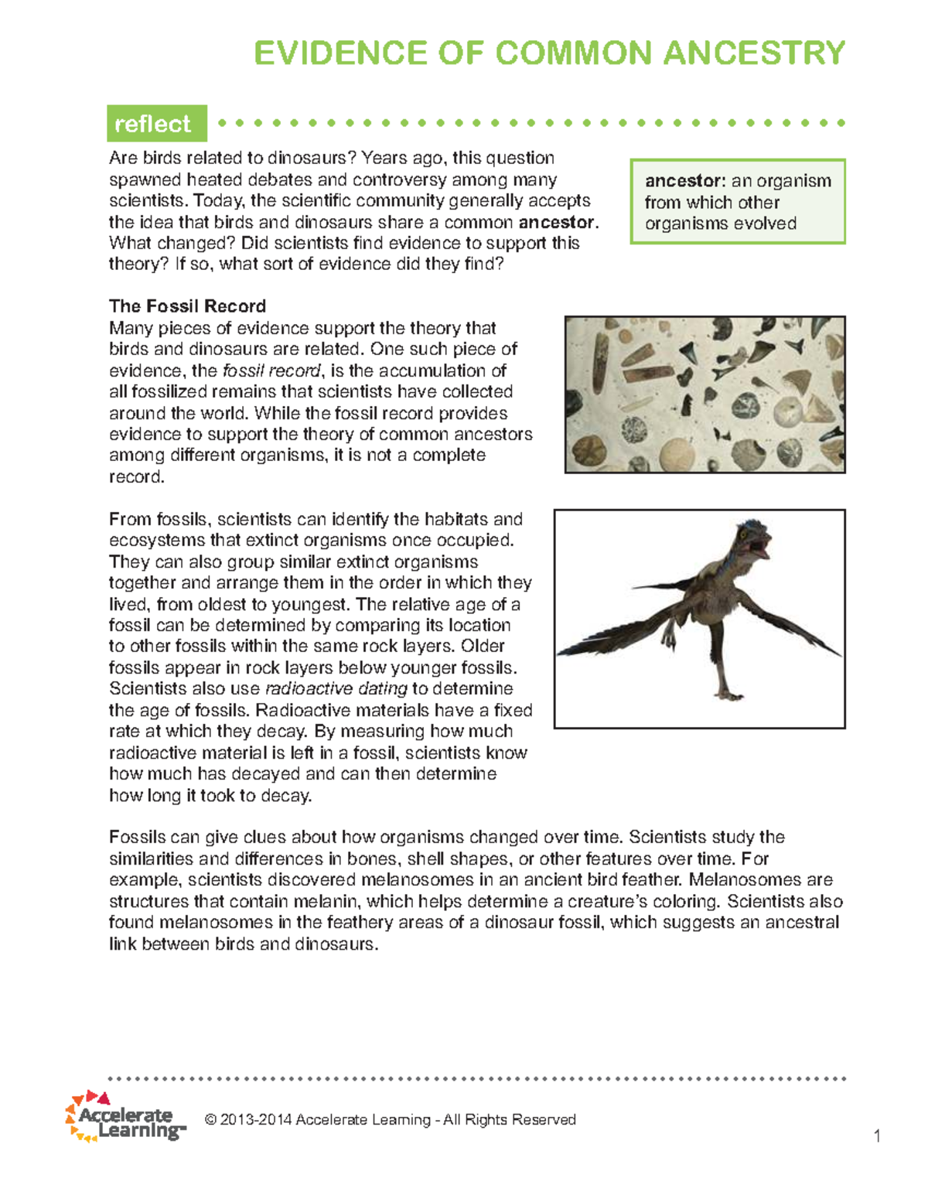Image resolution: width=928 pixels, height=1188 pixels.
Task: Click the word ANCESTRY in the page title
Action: point(754,53)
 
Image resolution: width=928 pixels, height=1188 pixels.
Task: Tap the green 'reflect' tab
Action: point(153,124)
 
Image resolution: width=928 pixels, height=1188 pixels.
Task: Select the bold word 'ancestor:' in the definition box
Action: point(684,181)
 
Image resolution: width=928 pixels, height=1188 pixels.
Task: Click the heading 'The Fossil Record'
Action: point(187,306)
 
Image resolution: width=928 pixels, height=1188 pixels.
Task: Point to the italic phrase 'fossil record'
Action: point(271,370)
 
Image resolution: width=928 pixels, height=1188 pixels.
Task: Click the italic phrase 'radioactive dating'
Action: point(336,688)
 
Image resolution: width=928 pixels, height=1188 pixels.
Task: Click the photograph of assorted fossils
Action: point(705,394)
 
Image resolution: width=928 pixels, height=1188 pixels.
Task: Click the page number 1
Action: point(877,1136)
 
